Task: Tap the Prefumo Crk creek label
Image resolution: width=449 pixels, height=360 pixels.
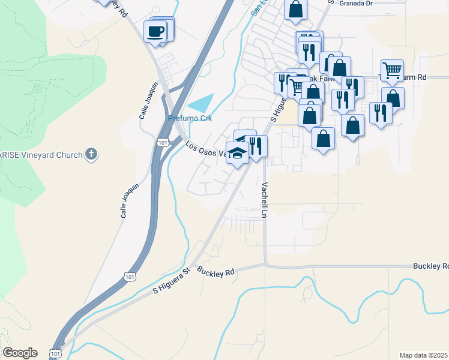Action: tap(190, 118)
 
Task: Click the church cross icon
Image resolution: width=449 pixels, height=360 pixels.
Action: tap(91, 155)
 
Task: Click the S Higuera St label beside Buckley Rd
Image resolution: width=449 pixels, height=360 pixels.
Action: tap(171, 281)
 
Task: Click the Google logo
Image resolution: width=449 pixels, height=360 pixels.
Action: tap(20, 353)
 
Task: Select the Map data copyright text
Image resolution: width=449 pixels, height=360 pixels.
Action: tap(424, 355)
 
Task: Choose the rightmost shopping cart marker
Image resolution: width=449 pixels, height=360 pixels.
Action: tap(392, 70)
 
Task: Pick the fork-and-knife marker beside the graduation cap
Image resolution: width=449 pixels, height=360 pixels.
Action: tap(256, 145)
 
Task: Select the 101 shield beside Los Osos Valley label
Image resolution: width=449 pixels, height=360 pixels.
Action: tap(164, 142)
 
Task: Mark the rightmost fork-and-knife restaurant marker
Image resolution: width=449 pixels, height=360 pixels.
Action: tap(381, 112)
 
